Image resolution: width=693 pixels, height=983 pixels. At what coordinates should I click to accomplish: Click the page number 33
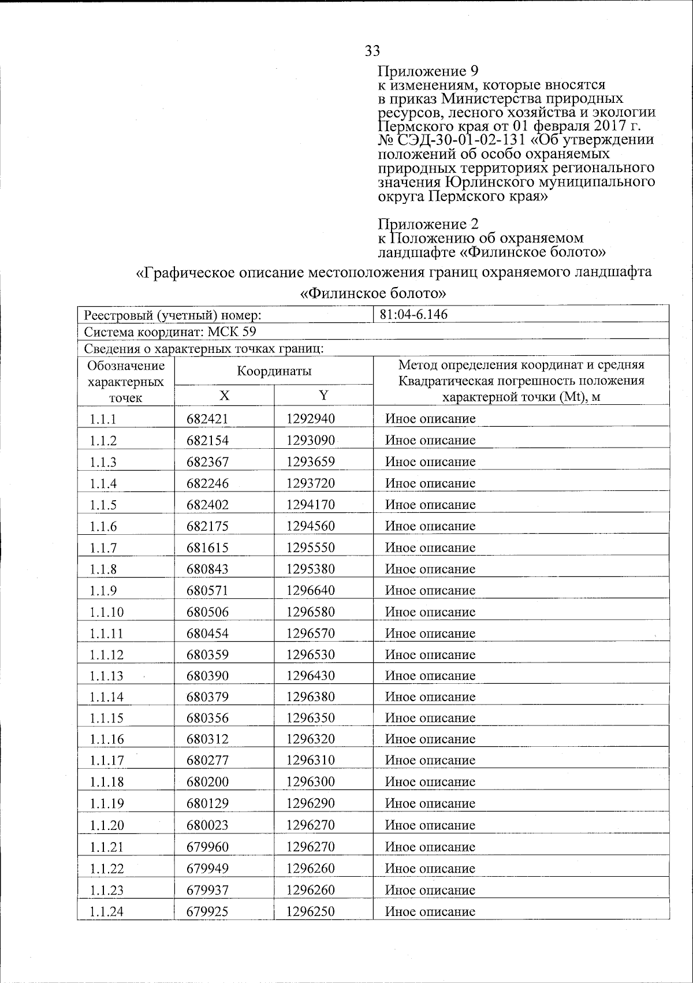(372, 51)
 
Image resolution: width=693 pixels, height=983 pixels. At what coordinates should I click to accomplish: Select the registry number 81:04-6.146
(413, 315)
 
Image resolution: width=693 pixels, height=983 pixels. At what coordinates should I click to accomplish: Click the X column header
(223, 396)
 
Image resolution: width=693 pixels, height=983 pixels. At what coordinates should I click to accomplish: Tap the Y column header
(323, 396)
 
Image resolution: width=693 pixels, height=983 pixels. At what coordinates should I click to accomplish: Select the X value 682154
(207, 441)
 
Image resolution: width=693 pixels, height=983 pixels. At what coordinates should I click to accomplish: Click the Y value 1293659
(310, 462)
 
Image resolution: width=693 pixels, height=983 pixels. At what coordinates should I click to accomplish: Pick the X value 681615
(207, 548)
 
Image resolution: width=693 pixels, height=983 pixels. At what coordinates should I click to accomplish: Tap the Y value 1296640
(310, 590)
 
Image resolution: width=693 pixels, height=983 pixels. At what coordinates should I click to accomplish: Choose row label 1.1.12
(107, 655)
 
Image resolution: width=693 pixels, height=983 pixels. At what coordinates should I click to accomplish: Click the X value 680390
(207, 676)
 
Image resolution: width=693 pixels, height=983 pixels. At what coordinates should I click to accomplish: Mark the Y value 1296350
(310, 718)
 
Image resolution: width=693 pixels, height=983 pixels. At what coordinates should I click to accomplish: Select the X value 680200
(207, 782)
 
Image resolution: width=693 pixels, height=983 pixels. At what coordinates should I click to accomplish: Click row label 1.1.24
(107, 912)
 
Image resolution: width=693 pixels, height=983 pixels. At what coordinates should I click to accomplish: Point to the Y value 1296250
(310, 912)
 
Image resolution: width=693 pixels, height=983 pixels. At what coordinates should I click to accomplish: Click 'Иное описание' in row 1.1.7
(430, 548)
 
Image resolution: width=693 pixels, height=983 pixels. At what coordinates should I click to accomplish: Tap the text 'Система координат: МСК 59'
(170, 332)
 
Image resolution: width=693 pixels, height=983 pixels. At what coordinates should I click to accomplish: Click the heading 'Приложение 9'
(428, 72)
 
